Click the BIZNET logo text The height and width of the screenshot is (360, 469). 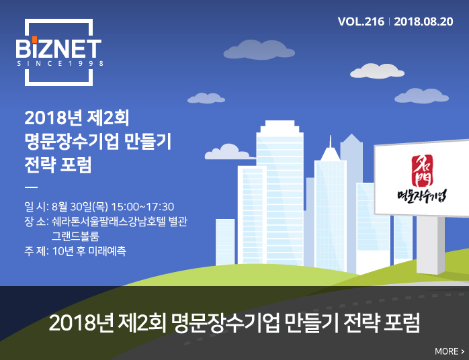[58, 48]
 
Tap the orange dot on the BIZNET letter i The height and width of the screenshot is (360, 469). [35, 39]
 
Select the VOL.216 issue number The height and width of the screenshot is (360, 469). [361, 21]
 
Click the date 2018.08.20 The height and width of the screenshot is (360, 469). [423, 21]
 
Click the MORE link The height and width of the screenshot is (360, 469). [450, 351]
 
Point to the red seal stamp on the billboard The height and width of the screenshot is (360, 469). [422, 171]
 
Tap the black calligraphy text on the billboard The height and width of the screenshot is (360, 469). [422, 196]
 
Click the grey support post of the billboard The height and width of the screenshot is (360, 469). [431, 244]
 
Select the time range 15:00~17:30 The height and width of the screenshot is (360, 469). [142, 207]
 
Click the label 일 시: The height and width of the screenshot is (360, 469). [36, 207]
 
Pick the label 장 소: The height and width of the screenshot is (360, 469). [36, 222]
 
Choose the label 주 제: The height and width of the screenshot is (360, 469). [36, 251]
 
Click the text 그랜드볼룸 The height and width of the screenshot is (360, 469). [75, 236]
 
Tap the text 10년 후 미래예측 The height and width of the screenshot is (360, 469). [89, 251]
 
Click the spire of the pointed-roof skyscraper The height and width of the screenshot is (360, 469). [330, 141]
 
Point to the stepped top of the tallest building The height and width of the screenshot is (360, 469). [280, 126]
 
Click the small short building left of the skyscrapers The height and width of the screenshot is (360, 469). [225, 242]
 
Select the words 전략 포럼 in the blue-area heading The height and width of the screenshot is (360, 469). [58, 165]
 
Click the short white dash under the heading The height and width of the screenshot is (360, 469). [31, 187]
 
